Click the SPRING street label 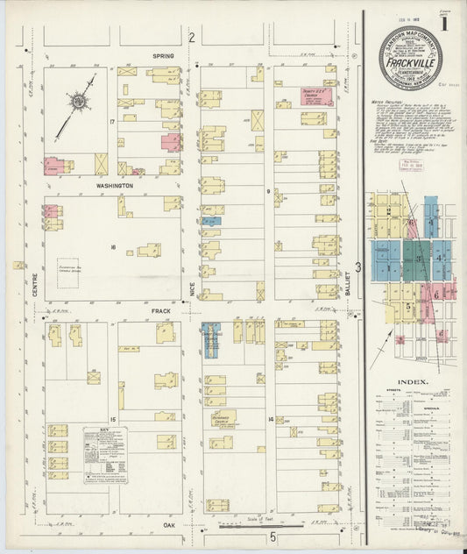[163, 56]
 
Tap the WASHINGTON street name [114, 186]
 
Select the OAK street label [169, 526]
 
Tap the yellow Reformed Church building [220, 420]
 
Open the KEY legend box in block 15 [105, 455]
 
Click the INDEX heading [412, 382]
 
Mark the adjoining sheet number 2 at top [191, 36]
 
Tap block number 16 [113, 248]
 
